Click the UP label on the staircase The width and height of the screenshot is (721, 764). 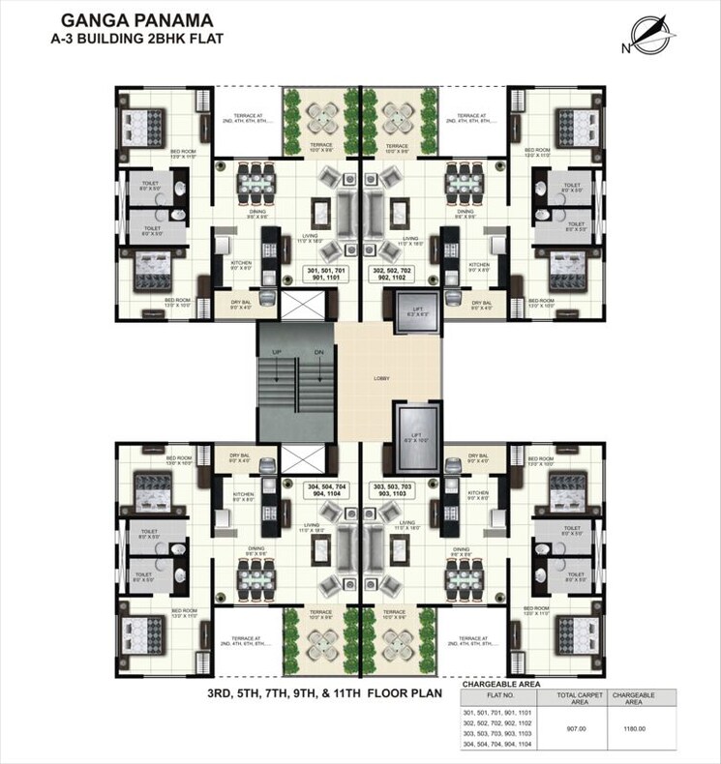pos(277,352)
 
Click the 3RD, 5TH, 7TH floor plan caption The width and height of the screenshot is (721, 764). pos(324,692)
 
